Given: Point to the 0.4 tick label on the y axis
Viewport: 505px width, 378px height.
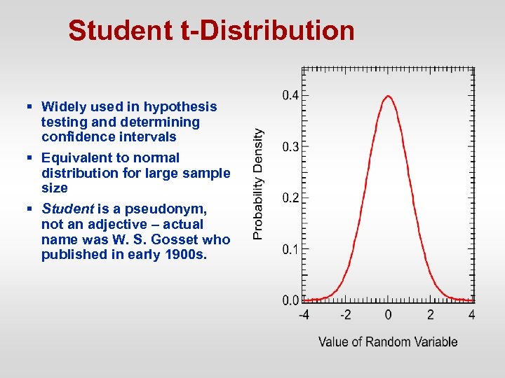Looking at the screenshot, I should click(x=290, y=95).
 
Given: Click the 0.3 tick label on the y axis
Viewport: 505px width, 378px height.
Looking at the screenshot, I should click(x=290, y=147).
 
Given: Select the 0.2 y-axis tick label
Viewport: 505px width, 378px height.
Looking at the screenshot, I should click(x=290, y=198).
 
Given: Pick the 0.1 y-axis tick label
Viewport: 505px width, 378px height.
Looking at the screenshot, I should click(x=290, y=249).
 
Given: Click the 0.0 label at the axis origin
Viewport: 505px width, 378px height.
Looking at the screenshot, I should click(x=290, y=300).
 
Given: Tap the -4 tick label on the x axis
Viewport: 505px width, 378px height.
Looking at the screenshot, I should click(x=303, y=315).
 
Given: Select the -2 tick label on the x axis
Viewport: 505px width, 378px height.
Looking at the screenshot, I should click(x=345, y=315).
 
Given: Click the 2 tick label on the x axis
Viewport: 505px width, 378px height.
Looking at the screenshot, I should click(x=431, y=315).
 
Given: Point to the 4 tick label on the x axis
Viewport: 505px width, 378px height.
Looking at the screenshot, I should click(x=472, y=315).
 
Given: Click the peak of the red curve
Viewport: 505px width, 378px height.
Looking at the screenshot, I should click(x=388, y=97).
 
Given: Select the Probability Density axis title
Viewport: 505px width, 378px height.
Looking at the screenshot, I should click(x=259, y=183).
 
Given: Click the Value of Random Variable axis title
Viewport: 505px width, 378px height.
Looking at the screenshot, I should click(x=388, y=342).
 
